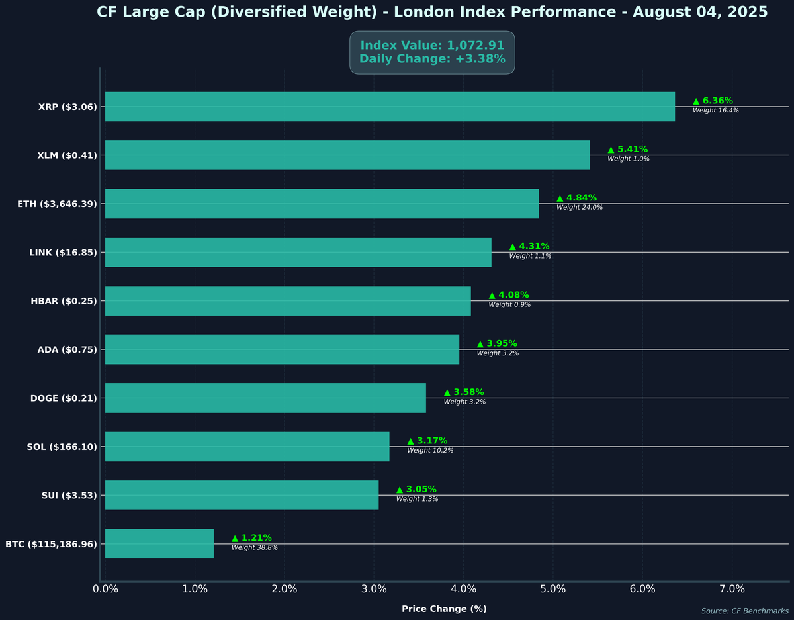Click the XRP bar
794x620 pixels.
click(x=390, y=107)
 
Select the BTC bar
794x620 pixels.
click(x=159, y=544)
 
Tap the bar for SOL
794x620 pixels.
click(x=247, y=447)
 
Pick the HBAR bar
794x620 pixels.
click(x=288, y=301)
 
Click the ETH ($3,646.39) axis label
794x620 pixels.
click(x=57, y=204)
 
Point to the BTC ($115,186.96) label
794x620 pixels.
click(x=51, y=545)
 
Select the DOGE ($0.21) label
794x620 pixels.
click(x=64, y=398)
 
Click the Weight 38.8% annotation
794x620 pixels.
click(x=254, y=548)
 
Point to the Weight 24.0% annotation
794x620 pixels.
click(x=579, y=208)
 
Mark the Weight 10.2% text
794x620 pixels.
click(x=430, y=451)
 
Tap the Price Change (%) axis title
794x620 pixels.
click(x=444, y=609)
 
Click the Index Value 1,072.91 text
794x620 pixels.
click(x=432, y=46)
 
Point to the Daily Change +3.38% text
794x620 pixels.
click(x=432, y=59)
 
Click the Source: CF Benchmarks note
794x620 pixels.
click(x=744, y=611)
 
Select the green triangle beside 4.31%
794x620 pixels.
click(x=513, y=247)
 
